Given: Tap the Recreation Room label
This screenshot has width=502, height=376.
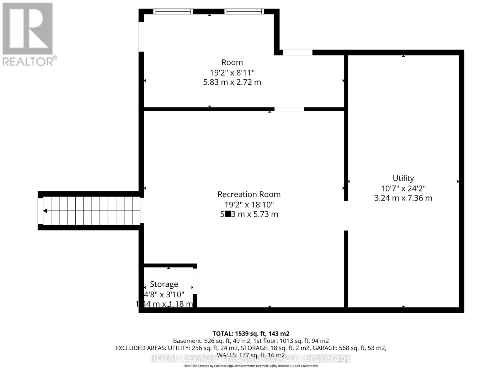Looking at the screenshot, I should point(249,194).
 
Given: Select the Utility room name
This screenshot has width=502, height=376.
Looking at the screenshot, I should point(403,178).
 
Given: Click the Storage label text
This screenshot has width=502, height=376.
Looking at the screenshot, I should point(164,284).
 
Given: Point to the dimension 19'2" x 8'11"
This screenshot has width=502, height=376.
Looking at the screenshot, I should point(232,73).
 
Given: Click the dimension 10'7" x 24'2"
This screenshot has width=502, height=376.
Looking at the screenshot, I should point(403,188).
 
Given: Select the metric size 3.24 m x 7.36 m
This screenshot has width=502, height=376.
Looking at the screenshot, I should point(403,198).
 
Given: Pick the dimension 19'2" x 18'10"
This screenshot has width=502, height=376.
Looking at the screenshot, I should point(249,205).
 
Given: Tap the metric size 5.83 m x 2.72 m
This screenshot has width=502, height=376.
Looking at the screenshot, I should point(232,82).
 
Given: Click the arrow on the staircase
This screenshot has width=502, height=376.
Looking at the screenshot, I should point(45,211).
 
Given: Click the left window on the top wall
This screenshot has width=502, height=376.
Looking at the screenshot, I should point(173,12).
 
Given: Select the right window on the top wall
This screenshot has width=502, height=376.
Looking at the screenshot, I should point(244,12).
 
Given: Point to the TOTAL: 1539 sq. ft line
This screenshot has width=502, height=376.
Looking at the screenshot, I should point(251,334).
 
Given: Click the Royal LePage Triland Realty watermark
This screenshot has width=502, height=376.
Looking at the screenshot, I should point(251,358).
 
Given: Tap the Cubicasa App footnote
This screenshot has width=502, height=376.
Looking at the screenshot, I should point(251,366).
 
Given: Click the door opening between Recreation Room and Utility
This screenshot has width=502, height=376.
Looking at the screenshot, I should point(346,216).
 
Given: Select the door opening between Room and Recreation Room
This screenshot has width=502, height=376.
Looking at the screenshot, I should point(289,109).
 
